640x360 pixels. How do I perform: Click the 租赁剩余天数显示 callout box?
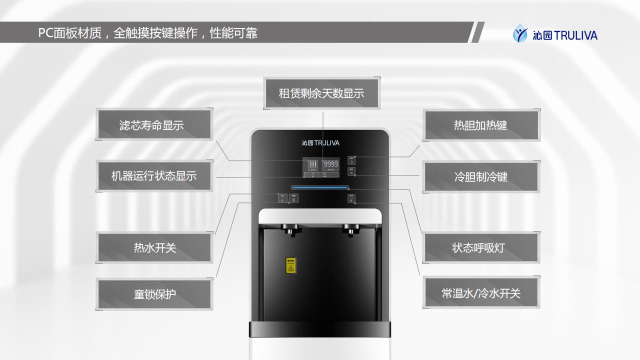click(321, 93)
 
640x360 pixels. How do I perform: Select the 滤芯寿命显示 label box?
click(154, 124)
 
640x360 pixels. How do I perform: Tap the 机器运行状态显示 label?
click(154, 176)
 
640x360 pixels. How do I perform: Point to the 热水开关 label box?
click(154, 247)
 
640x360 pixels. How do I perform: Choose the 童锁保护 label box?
click(154, 294)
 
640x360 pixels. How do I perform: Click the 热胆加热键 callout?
click(481, 125)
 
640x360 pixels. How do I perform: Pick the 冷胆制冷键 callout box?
click(481, 176)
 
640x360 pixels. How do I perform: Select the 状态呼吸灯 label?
click(481, 247)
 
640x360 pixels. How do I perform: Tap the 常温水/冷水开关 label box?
click(481, 293)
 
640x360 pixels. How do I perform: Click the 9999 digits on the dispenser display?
click(330, 164)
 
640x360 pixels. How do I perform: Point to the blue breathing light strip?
click(320, 188)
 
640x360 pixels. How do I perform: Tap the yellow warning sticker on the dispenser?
click(290, 266)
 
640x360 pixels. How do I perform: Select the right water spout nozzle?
click(351, 230)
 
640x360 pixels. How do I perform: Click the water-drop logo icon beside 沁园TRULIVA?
click(520, 34)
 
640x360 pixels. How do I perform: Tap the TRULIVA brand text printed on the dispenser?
click(326, 143)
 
